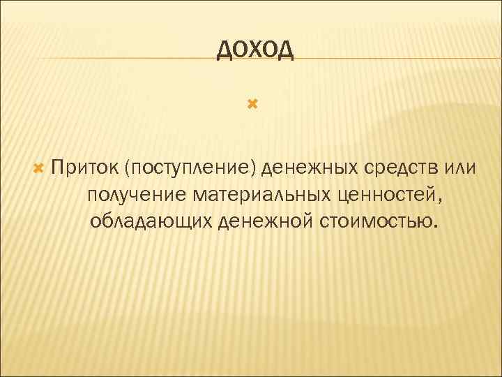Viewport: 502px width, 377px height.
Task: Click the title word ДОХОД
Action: (255, 50)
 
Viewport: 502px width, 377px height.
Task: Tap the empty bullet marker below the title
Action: (252, 105)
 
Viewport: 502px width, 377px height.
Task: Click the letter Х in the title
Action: (255, 50)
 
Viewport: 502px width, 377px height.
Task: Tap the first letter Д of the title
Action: (224, 51)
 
